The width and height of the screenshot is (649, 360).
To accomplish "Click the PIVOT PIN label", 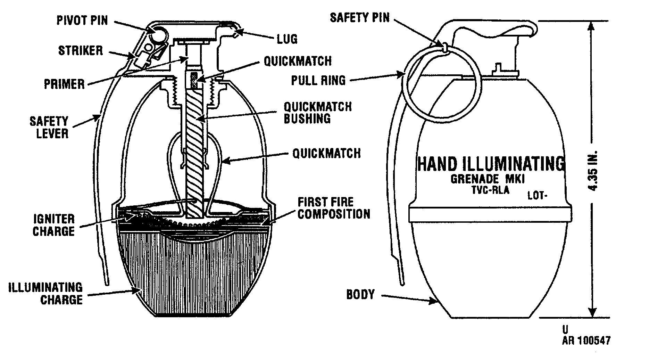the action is [82, 21].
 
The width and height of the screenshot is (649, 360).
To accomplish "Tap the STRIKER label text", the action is [81, 51].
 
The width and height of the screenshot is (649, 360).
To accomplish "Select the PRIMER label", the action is [65, 84].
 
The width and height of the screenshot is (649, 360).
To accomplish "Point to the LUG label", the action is [288, 39].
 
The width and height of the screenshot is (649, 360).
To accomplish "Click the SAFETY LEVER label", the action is [49, 127].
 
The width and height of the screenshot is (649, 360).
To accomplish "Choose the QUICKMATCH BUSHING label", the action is [318, 112].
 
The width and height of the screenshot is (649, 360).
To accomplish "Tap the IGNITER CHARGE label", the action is [54, 225].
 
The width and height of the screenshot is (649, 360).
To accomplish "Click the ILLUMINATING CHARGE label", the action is [46, 294].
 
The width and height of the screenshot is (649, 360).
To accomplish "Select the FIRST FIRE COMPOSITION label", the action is [334, 208].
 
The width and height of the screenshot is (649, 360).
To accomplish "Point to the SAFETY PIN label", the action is [360, 17].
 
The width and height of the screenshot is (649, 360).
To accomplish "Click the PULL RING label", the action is [318, 81].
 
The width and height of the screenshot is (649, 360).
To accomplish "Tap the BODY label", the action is [361, 294].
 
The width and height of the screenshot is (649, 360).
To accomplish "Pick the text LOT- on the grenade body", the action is [538, 196].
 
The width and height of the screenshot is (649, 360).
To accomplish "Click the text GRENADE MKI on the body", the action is [487, 179].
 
